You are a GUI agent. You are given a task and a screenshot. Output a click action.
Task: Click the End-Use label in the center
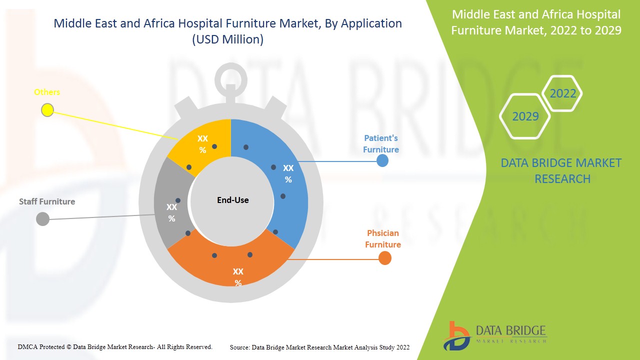[x=232, y=200]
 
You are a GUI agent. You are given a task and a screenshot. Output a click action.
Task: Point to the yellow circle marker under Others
[x=47, y=110]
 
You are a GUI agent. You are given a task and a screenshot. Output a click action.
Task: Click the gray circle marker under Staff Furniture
[x=43, y=218]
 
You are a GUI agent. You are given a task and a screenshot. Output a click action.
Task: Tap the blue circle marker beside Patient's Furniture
[x=382, y=160]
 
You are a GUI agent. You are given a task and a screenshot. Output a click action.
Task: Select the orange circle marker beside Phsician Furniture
[x=384, y=258]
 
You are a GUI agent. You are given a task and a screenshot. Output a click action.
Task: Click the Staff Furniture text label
[x=47, y=201]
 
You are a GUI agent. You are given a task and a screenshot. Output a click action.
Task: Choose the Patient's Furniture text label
[x=381, y=143]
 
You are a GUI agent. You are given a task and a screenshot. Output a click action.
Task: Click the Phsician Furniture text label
[x=383, y=238]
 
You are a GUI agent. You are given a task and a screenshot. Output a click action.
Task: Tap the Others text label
[x=47, y=92]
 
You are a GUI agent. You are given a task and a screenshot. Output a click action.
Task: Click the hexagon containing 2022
[x=562, y=93]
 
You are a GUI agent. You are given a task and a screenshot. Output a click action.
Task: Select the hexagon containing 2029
[x=525, y=116]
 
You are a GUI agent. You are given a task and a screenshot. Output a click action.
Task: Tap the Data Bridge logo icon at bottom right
[x=456, y=335]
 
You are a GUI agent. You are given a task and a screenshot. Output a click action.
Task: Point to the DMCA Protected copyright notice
[x=115, y=346]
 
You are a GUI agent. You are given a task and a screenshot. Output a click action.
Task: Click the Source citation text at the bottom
[x=319, y=347]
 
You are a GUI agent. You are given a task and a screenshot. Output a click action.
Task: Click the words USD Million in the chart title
[x=228, y=39]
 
